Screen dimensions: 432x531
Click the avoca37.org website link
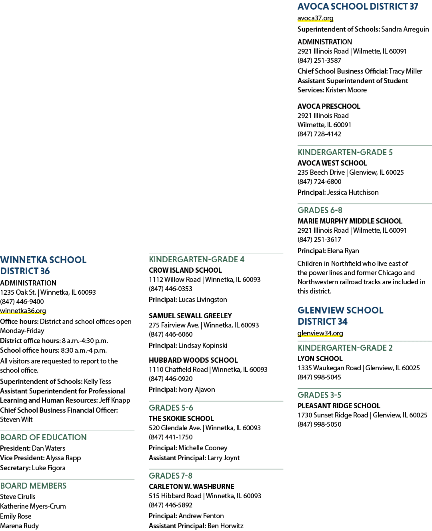click(x=315, y=18)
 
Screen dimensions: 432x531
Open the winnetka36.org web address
click(x=23, y=311)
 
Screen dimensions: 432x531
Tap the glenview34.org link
click(x=320, y=333)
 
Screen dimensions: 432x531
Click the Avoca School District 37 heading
click(x=358, y=6)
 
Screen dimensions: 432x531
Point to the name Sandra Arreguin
click(x=405, y=30)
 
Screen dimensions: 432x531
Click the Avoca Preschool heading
click(x=329, y=106)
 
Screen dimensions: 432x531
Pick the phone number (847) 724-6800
click(x=319, y=182)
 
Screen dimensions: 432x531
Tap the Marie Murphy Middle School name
click(x=350, y=221)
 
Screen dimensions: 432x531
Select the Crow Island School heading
click(x=185, y=270)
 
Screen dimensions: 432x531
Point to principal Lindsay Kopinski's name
click(x=202, y=345)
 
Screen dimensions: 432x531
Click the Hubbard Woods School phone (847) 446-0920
click(x=171, y=378)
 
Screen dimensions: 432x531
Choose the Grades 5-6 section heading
click(x=171, y=407)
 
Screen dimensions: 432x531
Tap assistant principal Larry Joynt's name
click(x=224, y=458)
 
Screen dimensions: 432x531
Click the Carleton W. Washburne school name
click(x=191, y=486)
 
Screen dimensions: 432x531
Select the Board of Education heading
click(x=43, y=437)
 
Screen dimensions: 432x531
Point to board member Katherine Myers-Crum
click(x=33, y=506)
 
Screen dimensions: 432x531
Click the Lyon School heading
click(x=320, y=359)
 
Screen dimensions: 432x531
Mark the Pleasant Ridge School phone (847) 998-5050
click(x=319, y=424)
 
